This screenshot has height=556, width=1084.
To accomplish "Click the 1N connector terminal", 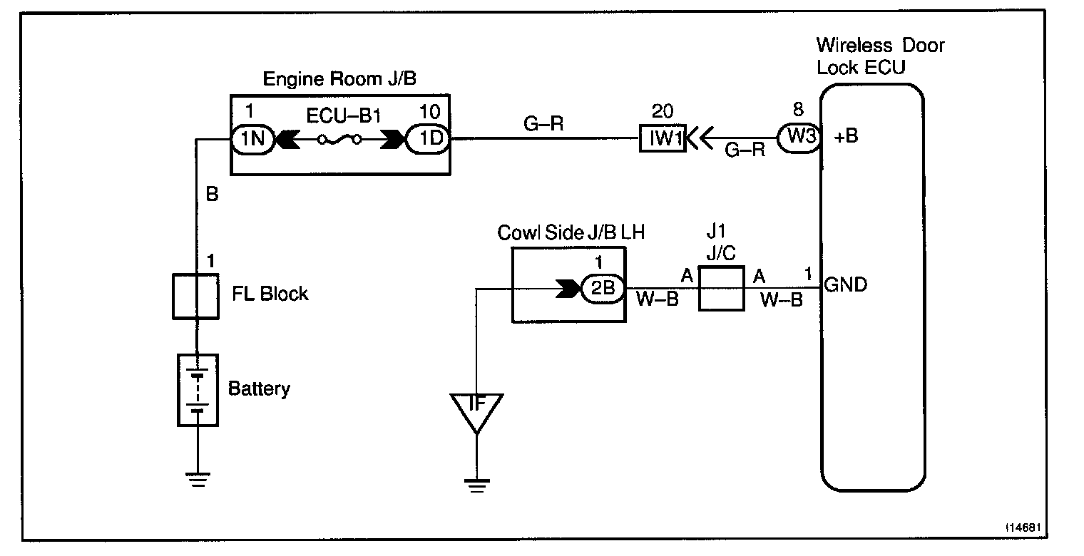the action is click(252, 140).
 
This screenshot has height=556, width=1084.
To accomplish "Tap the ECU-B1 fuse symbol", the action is click(339, 140).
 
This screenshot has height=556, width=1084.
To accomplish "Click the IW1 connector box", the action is click(663, 138).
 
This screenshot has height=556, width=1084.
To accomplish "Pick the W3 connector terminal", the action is click(799, 138).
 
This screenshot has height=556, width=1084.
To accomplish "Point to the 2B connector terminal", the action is click(602, 289).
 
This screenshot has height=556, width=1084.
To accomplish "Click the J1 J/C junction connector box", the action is click(721, 289).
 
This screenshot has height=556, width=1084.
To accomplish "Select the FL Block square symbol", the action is click(195, 297).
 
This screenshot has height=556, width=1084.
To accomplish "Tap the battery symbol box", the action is click(198, 391).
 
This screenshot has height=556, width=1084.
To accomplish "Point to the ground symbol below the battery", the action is click(198, 480).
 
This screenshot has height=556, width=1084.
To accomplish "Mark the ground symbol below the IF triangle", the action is click(476, 485).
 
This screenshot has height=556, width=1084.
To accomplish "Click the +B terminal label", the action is click(846, 136).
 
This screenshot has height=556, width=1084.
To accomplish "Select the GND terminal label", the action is click(845, 284).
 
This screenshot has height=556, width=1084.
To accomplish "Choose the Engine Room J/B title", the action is click(339, 78).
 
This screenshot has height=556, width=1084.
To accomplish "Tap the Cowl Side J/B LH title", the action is click(571, 233).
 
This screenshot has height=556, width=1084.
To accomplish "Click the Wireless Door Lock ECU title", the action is click(880, 56).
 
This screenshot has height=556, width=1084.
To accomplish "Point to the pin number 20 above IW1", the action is click(662, 111).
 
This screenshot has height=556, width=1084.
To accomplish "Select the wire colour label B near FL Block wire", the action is click(212, 194).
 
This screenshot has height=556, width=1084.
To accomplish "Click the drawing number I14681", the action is click(1023, 527).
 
